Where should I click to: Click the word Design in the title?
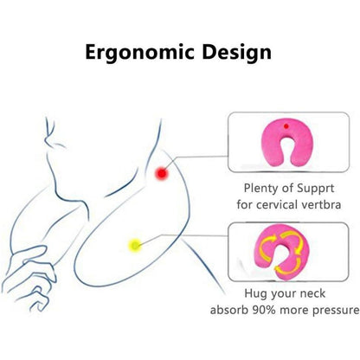tap(236, 52)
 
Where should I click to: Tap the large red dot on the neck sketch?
tap(162, 173)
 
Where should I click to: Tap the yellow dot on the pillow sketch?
tap(135, 246)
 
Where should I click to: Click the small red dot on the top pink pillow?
tap(286, 126)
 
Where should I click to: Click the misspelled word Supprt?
tap(316, 189)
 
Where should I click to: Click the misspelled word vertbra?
tap(321, 205)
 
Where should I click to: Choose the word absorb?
tap(229, 310)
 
